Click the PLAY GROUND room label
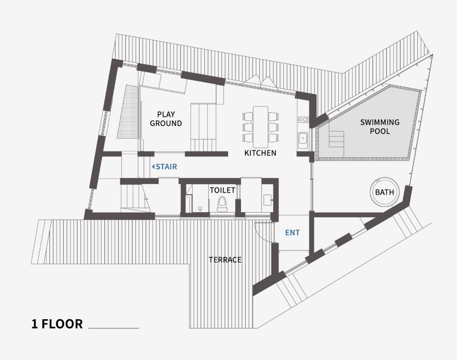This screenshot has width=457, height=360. pos(166,119)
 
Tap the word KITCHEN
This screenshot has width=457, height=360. pos(260,152)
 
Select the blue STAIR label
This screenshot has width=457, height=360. pos(166,167)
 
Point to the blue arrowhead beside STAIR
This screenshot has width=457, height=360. pos(153,167)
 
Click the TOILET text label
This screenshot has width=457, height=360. pos(223,190)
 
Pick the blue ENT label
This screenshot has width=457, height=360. pos(292,233)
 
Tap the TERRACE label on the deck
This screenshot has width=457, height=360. pos(225,260)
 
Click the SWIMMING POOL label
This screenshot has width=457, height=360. pos(380,126)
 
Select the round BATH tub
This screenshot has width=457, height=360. pos(384,192)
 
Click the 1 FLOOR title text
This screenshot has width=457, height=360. pos(57,324)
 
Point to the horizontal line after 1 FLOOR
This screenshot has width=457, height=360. pos(114,328)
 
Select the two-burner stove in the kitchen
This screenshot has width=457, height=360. pos(303,120)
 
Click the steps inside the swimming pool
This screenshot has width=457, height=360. pos(337,138)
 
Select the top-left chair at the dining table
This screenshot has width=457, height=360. pos(248,116)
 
